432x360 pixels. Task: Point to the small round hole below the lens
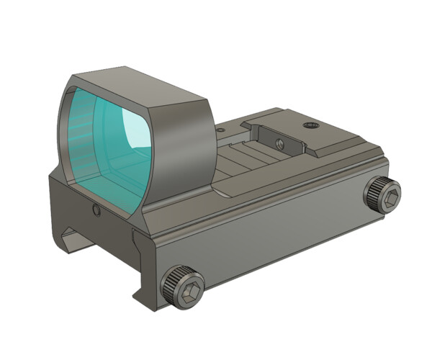pyautogui.click(x=96, y=210)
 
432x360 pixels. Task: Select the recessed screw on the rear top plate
pyautogui.click(x=311, y=125)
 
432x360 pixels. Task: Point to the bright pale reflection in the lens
pyautogui.click(x=136, y=134)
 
